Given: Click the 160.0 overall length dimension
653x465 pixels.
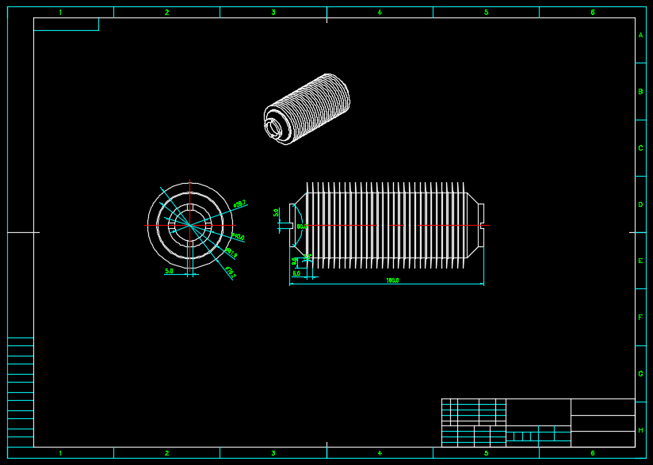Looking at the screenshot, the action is [x=392, y=280].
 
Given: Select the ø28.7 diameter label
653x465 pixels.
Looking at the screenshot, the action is [x=239, y=204].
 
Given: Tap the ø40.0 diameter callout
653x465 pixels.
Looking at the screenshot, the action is [x=238, y=237].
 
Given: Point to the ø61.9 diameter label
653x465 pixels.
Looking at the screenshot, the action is [x=231, y=253].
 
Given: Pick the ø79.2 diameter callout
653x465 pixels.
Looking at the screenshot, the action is [x=230, y=273].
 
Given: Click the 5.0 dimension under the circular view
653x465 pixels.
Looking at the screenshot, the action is [x=169, y=271].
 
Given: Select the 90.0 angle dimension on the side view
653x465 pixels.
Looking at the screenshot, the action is [x=301, y=227].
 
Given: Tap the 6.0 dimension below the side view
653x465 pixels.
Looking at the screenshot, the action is [x=296, y=273].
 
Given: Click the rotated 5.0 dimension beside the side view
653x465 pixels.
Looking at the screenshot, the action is [x=277, y=212].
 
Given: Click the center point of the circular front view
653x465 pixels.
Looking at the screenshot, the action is [x=190, y=226].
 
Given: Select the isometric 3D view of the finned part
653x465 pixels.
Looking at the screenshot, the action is [x=307, y=109].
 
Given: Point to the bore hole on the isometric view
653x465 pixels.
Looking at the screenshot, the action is [x=274, y=127].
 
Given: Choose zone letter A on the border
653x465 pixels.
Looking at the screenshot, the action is [x=640, y=36].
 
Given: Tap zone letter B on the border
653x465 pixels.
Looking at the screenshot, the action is [x=640, y=92].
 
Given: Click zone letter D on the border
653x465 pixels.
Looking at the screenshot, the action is [x=640, y=204].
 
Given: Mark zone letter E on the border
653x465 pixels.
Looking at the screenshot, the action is [x=640, y=261].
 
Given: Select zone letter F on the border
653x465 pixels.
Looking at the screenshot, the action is [x=640, y=318].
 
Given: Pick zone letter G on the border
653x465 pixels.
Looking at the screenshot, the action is [x=640, y=374].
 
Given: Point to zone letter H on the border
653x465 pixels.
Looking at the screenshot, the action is [x=640, y=430].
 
